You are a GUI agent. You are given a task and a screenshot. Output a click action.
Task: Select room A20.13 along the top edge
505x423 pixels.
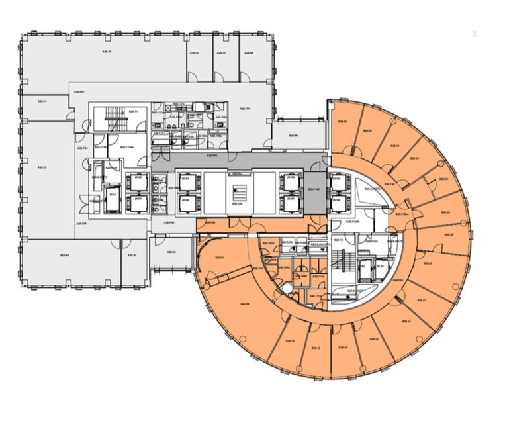coord(199,53)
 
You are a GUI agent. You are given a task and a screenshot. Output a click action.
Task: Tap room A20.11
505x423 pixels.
coord(226,53)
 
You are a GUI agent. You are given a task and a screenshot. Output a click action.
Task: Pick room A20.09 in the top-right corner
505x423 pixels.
coord(252,53)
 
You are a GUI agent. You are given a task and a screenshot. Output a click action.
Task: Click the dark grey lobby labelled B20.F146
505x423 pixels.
coord(314,189)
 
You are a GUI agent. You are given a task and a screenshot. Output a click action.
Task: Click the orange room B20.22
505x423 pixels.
coord(414,159)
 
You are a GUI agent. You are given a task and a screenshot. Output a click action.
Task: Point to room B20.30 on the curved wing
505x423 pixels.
coord(444,179)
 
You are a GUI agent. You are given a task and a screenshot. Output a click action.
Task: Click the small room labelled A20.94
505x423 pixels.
coord(171,252)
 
